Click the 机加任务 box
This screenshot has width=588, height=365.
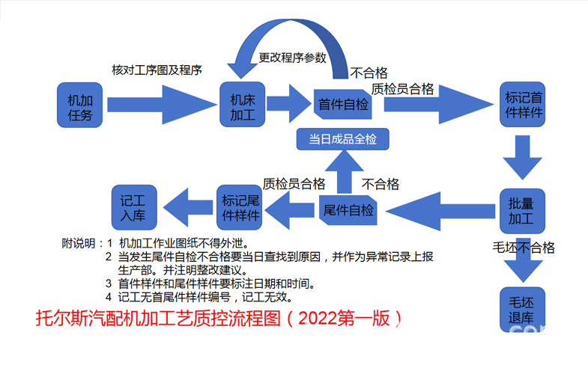pos(80,105)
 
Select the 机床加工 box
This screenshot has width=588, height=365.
pos(243,105)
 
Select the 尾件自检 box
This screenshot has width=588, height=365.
pos(348,210)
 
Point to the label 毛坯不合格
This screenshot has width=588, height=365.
pos(523,248)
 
